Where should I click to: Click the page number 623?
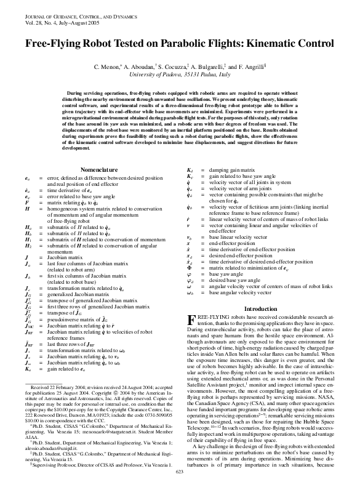[180, 472]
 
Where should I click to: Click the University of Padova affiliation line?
[180, 74]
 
